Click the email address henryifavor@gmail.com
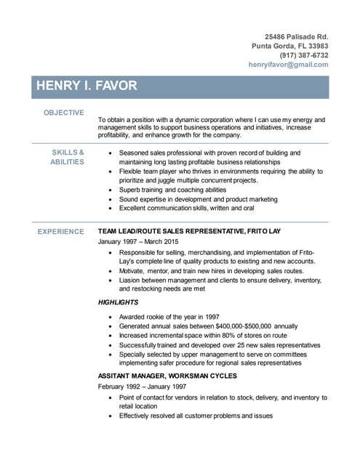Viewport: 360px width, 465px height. [x=288, y=65]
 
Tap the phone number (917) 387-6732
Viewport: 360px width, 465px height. [x=303, y=54]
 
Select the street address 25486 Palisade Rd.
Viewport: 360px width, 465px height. [x=296, y=36]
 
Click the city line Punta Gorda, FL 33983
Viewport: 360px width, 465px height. [x=289, y=45]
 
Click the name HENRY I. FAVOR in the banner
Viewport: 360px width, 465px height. [x=87, y=86]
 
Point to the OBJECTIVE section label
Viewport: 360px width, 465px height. [x=63, y=113]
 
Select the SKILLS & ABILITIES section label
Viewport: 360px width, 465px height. [x=67, y=157]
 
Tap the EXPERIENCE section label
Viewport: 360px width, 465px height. [x=60, y=232]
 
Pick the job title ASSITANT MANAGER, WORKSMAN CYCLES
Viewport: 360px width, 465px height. [x=167, y=376]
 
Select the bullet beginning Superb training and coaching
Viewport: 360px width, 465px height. [x=173, y=190]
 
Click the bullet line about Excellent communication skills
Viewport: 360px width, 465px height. [x=186, y=208]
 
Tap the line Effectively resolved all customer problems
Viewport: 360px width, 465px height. [x=196, y=416]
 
